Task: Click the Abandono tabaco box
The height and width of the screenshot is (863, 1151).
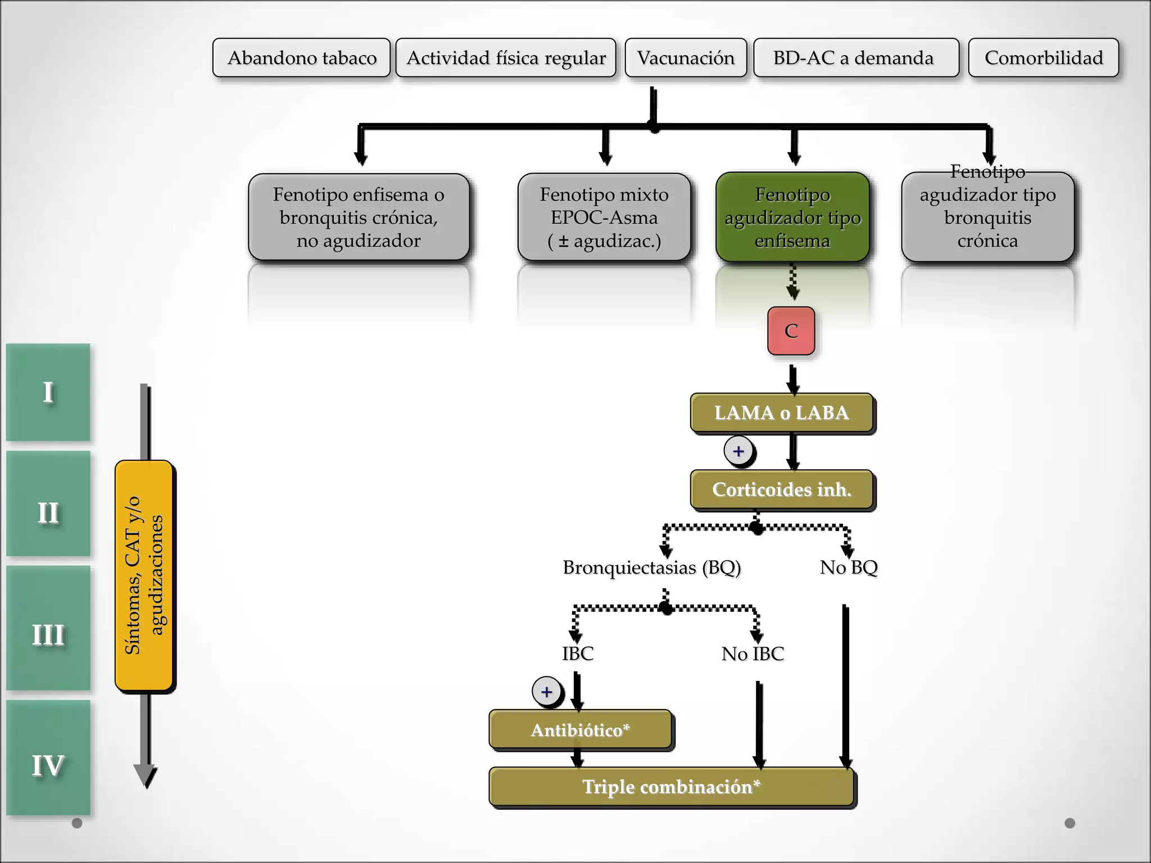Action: coord(301,58)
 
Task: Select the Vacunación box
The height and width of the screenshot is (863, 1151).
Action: coord(686,58)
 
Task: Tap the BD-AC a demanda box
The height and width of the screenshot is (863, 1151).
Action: coord(855,58)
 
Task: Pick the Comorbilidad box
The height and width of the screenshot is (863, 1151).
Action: coord(1044,58)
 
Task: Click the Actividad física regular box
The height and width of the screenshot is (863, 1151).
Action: coord(506,58)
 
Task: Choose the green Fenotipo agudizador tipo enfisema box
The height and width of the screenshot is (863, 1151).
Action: coord(792,217)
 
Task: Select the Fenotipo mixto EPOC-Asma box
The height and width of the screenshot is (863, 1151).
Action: coord(604,217)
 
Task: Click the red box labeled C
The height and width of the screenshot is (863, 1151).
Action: coord(791,331)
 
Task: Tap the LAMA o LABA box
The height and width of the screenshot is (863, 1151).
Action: coord(782,413)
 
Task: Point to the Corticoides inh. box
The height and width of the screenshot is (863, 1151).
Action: coord(782,490)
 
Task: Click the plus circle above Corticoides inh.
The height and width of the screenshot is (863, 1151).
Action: coord(738,451)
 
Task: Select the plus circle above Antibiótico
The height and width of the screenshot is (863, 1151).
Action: coord(546,692)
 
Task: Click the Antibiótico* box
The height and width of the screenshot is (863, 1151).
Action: coord(580,730)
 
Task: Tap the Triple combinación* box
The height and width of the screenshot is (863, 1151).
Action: coord(671,787)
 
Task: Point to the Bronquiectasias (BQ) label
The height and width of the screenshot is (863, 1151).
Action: coord(652,567)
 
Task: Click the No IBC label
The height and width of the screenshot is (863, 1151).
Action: coord(753,654)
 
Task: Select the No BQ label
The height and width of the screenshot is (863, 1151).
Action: coord(849,567)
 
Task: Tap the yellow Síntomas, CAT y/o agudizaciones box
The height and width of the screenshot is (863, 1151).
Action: coord(144,575)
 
